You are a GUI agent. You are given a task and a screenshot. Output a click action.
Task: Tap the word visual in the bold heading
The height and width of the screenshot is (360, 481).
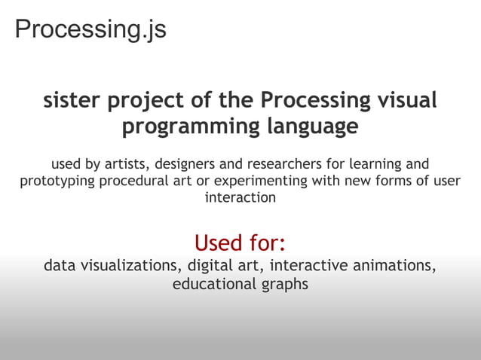tap(407, 100)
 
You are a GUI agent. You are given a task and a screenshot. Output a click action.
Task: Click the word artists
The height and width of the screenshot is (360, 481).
tap(125, 164)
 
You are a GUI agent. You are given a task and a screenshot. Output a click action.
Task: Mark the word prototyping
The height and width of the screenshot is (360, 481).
tap(55, 182)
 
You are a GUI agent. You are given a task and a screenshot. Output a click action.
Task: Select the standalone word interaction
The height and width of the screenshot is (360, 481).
tap(240, 198)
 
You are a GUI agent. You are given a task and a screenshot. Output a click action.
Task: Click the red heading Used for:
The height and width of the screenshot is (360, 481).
tap(240, 243)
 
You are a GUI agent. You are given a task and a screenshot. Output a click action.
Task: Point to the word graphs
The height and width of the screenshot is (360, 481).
tap(285, 285)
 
